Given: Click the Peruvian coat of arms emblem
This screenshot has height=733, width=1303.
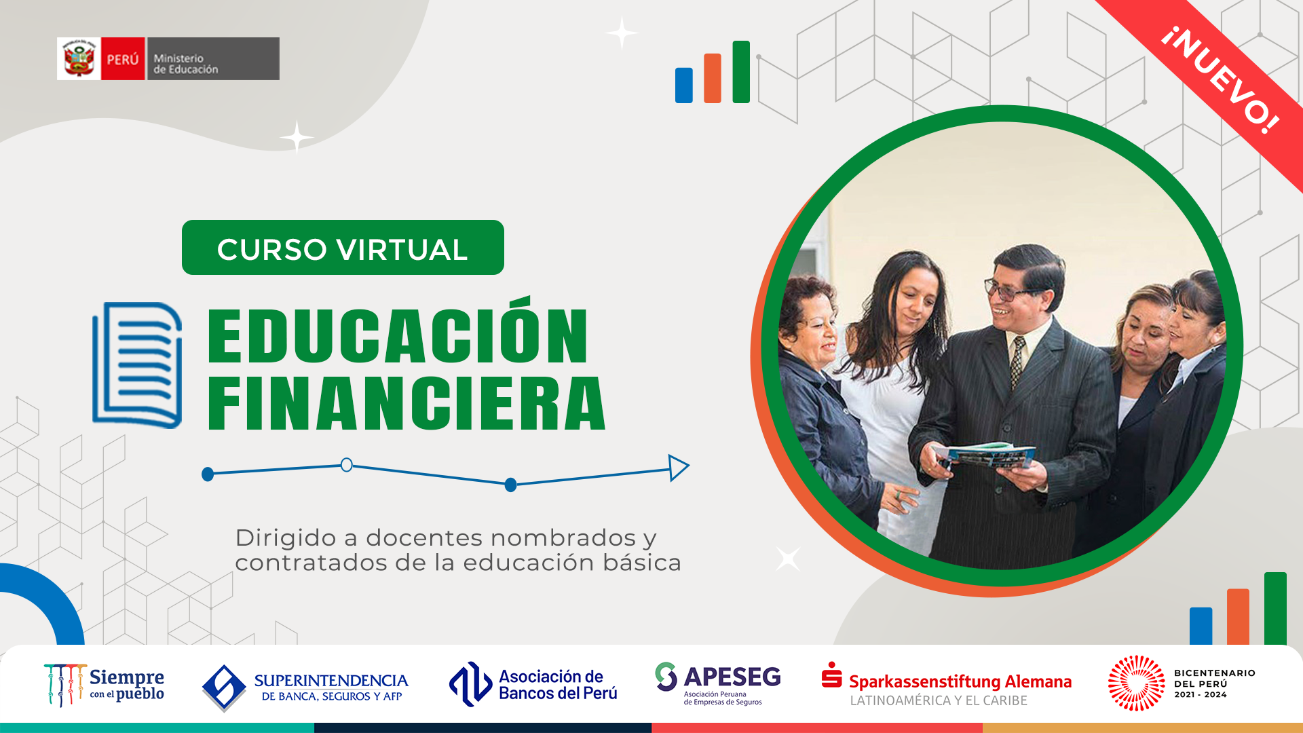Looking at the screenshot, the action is tap(79, 59).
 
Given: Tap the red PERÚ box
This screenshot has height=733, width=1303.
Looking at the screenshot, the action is tap(123, 59).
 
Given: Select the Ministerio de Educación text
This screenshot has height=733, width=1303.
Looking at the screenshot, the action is tap(185, 64).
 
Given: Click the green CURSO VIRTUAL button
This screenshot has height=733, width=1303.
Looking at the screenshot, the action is tap(343, 248).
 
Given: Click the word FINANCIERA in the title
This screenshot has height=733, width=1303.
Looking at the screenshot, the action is tap(406, 404).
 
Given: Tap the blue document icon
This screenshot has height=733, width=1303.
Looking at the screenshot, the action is tap(137, 365).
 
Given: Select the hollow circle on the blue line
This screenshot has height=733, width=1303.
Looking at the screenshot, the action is tap(346, 465).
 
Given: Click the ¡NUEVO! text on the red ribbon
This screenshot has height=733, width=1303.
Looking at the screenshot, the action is tap(1220, 80).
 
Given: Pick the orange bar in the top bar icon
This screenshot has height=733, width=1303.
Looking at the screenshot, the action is tap(713, 78).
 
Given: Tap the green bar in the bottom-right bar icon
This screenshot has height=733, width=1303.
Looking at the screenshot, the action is tap(1275, 608).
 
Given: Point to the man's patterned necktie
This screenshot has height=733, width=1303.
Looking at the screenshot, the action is tap(1017, 360).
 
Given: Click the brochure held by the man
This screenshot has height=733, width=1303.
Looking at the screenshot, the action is tap(985, 454).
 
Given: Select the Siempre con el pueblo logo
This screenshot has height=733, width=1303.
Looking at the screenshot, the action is tap(104, 685).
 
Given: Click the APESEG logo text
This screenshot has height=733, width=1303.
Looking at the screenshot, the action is tap(732, 677).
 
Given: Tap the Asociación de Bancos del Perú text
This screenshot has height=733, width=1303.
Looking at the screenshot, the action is tap(558, 685).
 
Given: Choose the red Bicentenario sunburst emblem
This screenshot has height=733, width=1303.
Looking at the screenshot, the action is tap(1137, 683).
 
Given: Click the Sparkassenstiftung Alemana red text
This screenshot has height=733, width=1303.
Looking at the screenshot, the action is tap(960, 681).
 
